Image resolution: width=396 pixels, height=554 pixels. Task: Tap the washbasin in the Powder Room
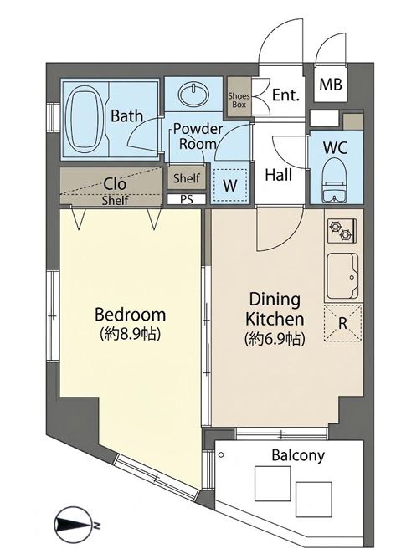193,95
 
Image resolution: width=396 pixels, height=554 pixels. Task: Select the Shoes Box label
239,100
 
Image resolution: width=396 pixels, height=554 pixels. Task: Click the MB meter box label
331,85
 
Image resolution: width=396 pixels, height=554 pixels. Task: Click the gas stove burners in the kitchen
342,231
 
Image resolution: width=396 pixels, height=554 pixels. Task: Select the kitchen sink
342,276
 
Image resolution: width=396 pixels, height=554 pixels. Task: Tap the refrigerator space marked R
342,322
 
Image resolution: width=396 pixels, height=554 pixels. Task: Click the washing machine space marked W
230,185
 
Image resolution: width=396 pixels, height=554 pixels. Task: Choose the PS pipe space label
187,199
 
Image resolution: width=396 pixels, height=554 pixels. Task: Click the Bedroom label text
130,314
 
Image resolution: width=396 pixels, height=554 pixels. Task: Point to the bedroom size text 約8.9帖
130,333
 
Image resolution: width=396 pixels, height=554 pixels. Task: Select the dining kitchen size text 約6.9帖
275,339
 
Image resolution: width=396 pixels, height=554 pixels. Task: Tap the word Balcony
298,455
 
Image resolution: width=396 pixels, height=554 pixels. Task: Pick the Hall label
279,175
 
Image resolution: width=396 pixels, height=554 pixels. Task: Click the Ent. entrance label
285,95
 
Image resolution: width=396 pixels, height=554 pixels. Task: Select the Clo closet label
115,184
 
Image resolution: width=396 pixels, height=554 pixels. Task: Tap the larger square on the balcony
273,484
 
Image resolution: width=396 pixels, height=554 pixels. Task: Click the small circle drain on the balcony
221,455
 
